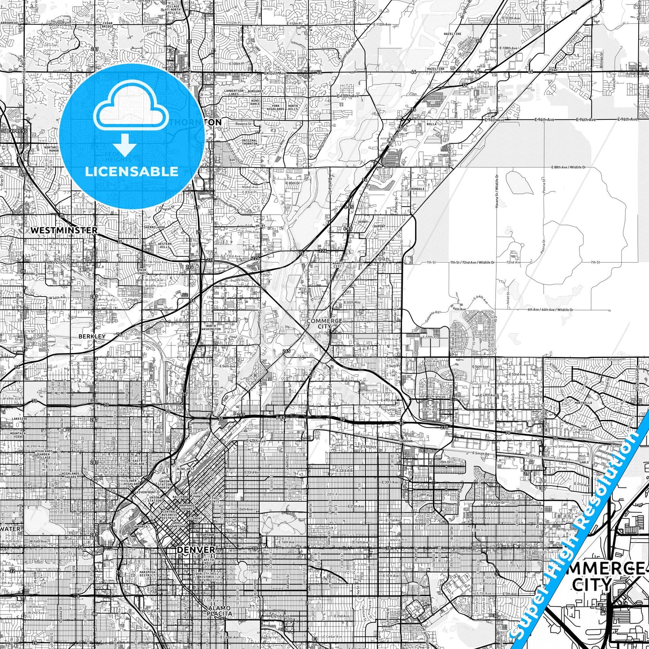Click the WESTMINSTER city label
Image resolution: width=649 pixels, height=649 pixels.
pos(64,230)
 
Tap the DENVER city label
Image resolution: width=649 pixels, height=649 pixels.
pos(196,550)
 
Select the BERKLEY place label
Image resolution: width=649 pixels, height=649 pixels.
pos(92,336)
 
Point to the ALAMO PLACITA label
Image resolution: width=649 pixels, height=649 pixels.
pos(220,611)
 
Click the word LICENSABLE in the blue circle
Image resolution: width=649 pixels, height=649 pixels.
pos(132,172)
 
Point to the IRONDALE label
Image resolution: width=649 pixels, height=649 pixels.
pos(417,189)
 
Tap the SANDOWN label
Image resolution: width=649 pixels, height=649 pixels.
pos(406,441)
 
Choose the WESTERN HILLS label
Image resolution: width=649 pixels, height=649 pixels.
pos(164,246)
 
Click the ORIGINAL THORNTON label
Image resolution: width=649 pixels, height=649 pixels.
pos(250,142)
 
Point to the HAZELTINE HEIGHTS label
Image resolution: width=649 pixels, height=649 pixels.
pos(436,71)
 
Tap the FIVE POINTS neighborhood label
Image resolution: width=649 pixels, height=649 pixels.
pos(214,500)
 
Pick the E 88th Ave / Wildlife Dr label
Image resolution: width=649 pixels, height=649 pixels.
pos(569,167)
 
